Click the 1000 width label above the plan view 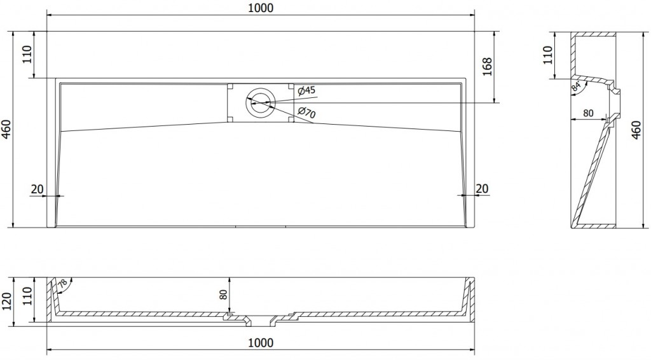click(261, 8)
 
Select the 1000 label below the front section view click(261, 343)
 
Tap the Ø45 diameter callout click(306, 90)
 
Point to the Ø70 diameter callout click(307, 112)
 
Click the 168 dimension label click(487, 66)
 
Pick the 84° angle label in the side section click(576, 87)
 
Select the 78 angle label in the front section click(62, 284)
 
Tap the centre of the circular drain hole click(260, 102)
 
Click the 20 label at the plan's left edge click(37, 189)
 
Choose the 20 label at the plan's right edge click(482, 188)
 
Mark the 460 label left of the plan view click(7, 129)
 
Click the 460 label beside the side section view click(636, 130)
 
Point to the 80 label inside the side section click(588, 113)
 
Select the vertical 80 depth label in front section click(223, 295)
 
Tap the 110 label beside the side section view click(547, 55)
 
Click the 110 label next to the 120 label click(27, 296)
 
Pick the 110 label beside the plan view click(27, 55)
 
